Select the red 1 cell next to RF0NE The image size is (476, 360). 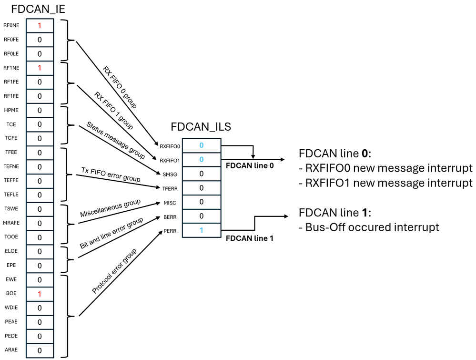[40, 25]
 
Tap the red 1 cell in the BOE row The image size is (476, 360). [40, 294]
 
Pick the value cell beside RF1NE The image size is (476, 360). [40, 68]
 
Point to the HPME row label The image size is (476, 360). [11, 110]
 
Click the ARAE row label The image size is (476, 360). [11, 350]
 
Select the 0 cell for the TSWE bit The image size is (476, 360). [40, 209]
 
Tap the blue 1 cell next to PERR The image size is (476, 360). [201, 230]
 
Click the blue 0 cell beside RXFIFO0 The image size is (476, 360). [201, 145]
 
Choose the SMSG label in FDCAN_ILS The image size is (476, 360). [169, 174]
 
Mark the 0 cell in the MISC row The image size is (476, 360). [201, 202]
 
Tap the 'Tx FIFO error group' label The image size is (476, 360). [111, 175]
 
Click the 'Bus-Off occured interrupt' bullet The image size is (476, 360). [369, 227]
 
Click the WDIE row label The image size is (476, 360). [11, 308]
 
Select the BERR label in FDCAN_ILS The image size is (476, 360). [170, 216]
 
